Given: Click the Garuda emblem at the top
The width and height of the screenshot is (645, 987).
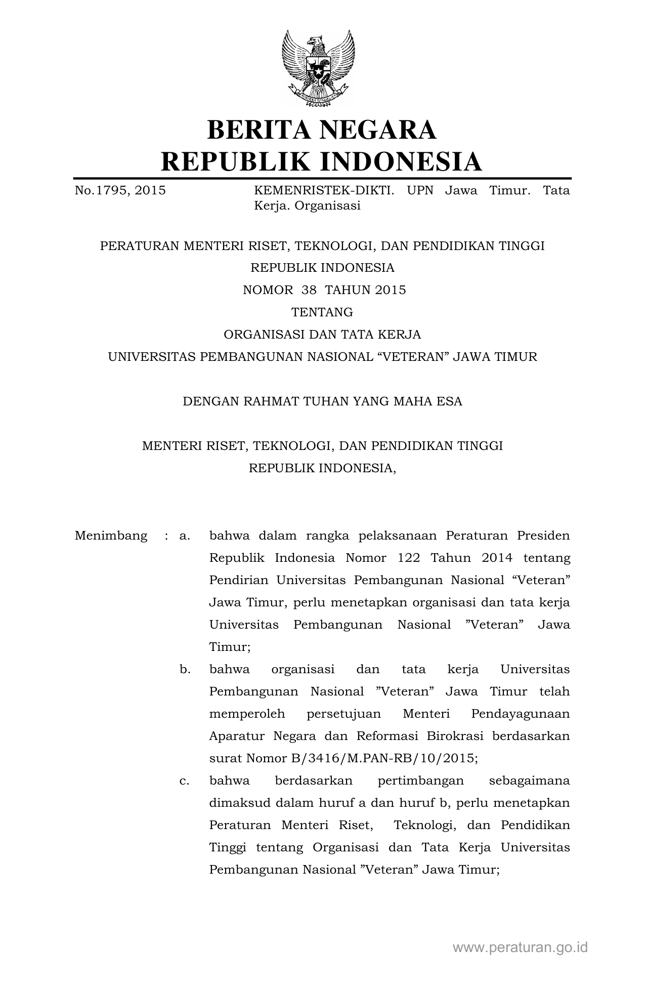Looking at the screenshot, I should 318,68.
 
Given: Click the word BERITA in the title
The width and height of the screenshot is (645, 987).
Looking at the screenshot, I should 259,130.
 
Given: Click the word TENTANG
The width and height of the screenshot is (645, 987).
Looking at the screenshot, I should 322,312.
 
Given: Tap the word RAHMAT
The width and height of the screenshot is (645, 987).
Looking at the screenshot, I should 272,401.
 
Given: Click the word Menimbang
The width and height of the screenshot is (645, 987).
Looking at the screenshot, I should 111,536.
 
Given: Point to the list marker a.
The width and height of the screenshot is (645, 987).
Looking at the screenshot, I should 184,536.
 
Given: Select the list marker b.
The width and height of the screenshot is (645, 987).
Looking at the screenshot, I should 185,669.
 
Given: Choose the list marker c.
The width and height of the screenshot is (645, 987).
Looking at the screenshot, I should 184,780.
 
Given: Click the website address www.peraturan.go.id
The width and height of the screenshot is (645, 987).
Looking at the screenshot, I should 520,948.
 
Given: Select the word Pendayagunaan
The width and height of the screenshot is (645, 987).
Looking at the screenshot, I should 520,714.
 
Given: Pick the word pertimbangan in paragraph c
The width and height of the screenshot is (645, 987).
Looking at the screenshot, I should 420,780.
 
